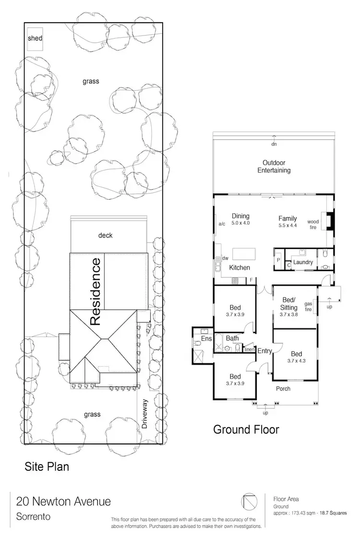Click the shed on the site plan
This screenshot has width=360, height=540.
tap(35, 38)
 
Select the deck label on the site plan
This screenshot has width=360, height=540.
tap(106, 235)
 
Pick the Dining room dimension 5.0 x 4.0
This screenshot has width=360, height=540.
tap(240, 223)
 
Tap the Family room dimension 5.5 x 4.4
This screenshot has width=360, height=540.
tap(288, 225)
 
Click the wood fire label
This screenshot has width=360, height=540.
tap(313, 224)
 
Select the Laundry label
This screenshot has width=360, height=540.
tap(303, 263)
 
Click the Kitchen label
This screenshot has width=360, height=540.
tap(240, 267)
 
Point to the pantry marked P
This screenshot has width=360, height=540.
tap(278, 260)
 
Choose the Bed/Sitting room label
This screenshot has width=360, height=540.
tap(289, 304)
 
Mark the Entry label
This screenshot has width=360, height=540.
tap(264, 351)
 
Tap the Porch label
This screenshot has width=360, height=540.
tap(283, 388)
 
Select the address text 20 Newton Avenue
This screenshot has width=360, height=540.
tap(63, 502)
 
